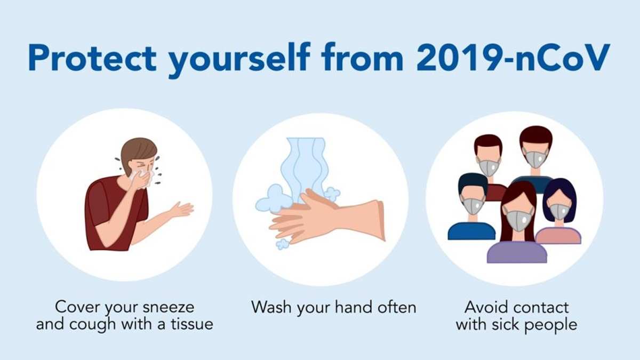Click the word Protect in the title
(x=92, y=58)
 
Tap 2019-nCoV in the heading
(x=514, y=58)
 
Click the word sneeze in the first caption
(x=169, y=307)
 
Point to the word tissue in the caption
(x=192, y=324)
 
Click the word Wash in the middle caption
(x=271, y=307)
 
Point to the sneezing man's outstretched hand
(x=182, y=210)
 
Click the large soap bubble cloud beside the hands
(x=273, y=198)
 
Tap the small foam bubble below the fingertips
(x=282, y=244)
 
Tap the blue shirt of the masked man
(x=471, y=231)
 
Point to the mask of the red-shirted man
(x=489, y=167)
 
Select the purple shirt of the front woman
(x=517, y=253)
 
